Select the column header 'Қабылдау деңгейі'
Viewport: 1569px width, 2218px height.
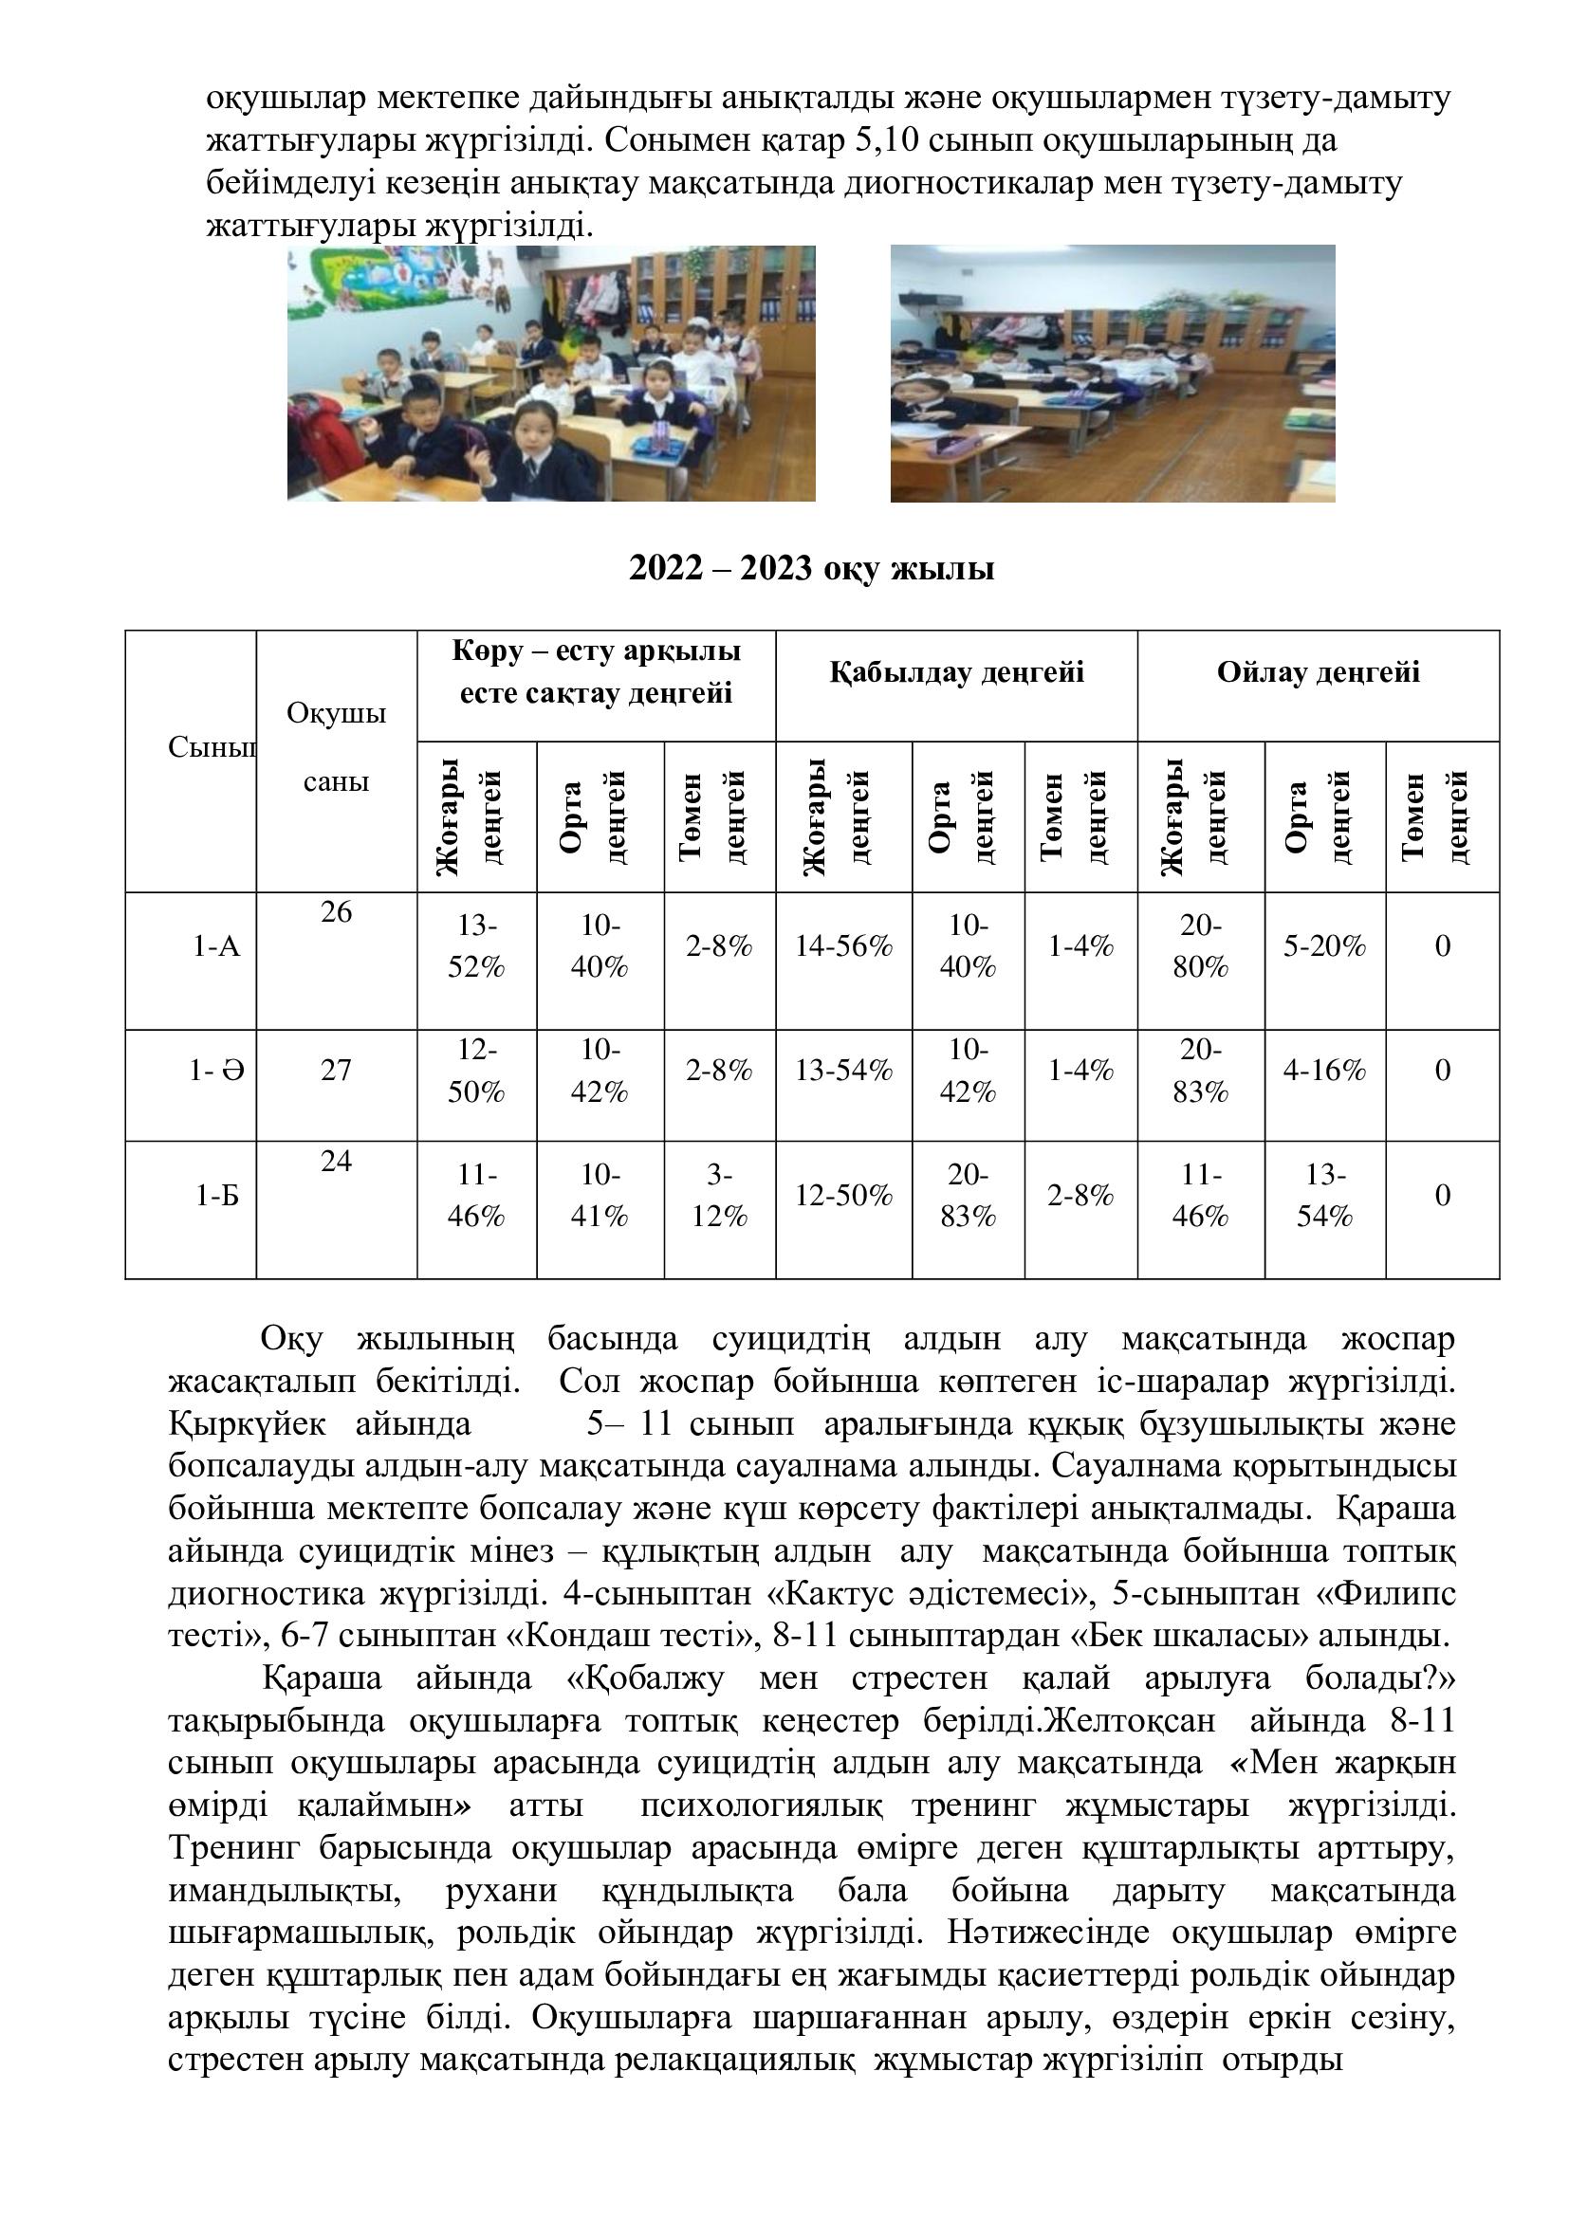955,672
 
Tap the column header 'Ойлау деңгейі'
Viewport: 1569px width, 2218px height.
1318,672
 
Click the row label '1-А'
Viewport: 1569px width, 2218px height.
216,945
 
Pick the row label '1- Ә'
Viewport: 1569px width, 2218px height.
216,1071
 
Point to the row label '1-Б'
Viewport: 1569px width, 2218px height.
216,1196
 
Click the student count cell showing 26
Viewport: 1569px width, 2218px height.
336,912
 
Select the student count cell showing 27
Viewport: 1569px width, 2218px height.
336,1071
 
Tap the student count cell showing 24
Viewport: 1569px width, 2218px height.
336,1162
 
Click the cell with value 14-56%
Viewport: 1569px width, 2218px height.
843,945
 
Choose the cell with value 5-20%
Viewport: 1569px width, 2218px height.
1324,945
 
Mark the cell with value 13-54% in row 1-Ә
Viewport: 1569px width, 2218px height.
843,1071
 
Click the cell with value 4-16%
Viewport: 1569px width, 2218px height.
1324,1071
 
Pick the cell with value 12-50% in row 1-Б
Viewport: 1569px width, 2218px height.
843,1196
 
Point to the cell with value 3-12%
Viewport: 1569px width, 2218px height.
719,1196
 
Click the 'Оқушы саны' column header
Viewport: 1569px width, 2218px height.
336,746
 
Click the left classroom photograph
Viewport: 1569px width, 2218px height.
551,373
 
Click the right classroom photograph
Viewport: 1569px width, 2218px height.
1112,373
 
